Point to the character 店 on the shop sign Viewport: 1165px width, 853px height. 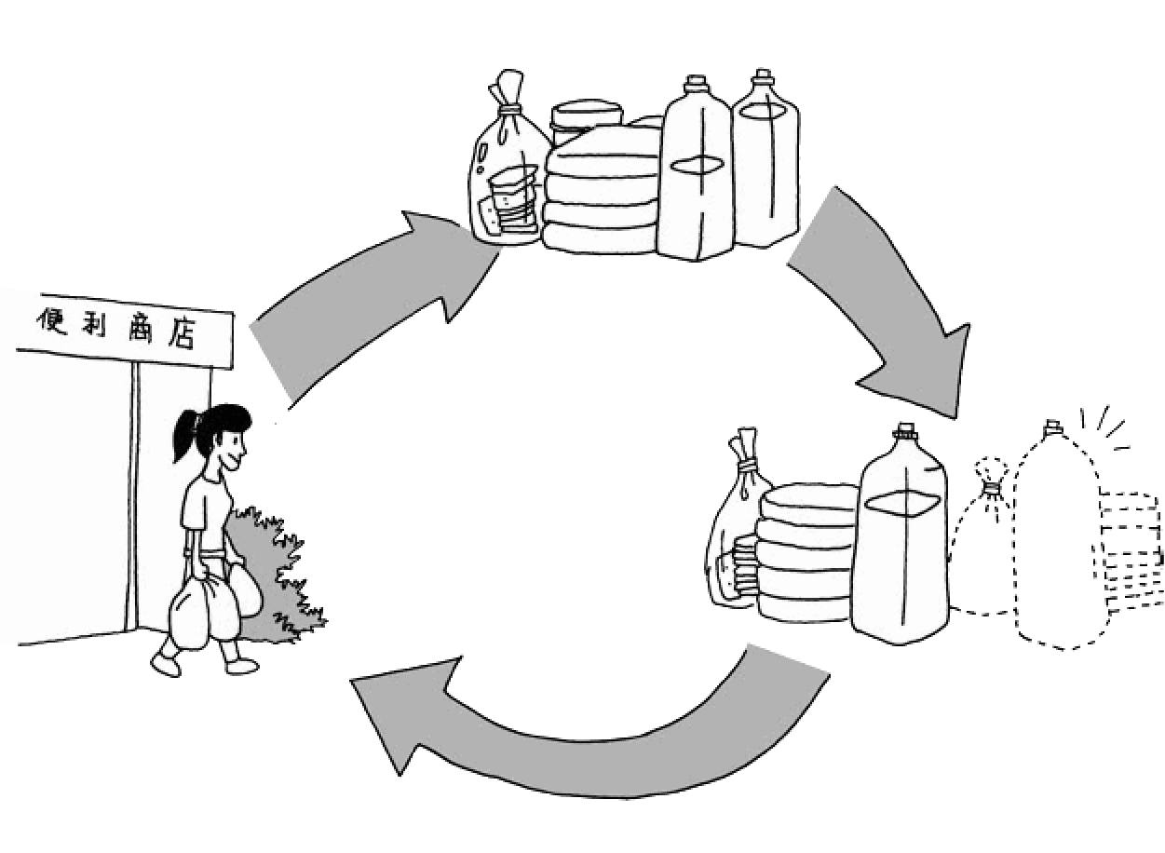click(x=186, y=333)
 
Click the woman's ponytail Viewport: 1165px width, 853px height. click(x=184, y=438)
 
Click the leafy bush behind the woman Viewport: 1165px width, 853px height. click(x=284, y=577)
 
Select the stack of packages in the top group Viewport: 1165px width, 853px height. click(x=601, y=191)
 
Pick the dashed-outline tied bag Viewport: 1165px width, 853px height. click(x=982, y=549)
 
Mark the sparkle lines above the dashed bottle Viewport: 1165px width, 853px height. click(x=1104, y=424)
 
